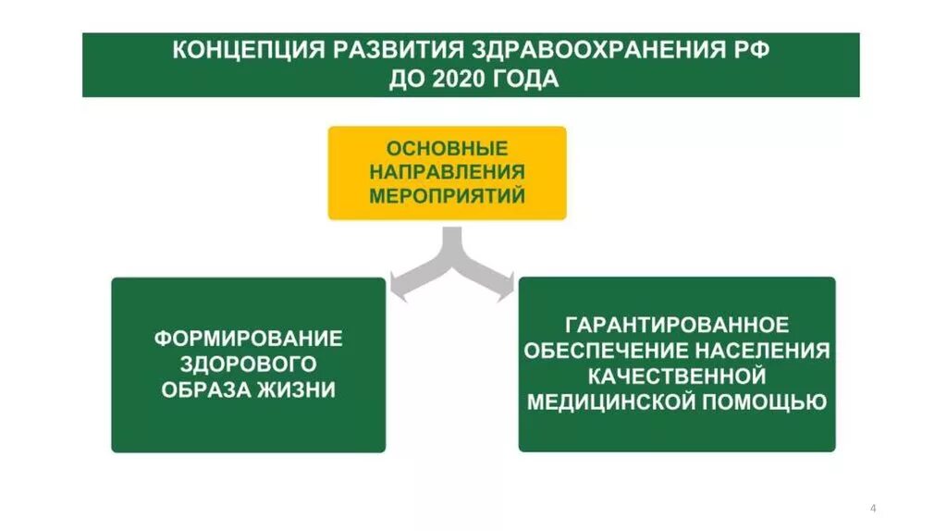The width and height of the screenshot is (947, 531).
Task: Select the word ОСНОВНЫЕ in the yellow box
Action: pyautogui.click(x=447, y=148)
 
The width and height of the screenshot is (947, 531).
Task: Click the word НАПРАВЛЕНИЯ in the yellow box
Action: pyautogui.click(x=447, y=172)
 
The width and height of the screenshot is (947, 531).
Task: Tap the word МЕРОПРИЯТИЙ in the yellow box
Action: pyautogui.click(x=447, y=196)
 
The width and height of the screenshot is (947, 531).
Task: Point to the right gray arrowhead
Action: pyautogui.click(x=504, y=284)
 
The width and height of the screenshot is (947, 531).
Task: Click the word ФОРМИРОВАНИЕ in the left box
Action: pyautogui.click(x=248, y=339)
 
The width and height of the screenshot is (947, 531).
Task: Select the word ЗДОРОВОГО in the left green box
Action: pyautogui.click(x=248, y=364)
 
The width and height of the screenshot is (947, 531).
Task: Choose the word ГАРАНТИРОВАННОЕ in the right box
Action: pyautogui.click(x=677, y=326)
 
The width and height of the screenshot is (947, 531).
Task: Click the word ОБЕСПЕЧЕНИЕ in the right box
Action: pyautogui.click(x=606, y=352)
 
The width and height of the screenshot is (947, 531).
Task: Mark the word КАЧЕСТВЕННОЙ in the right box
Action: pyautogui.click(x=677, y=377)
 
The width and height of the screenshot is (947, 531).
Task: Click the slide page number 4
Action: pyautogui.click(x=873, y=508)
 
